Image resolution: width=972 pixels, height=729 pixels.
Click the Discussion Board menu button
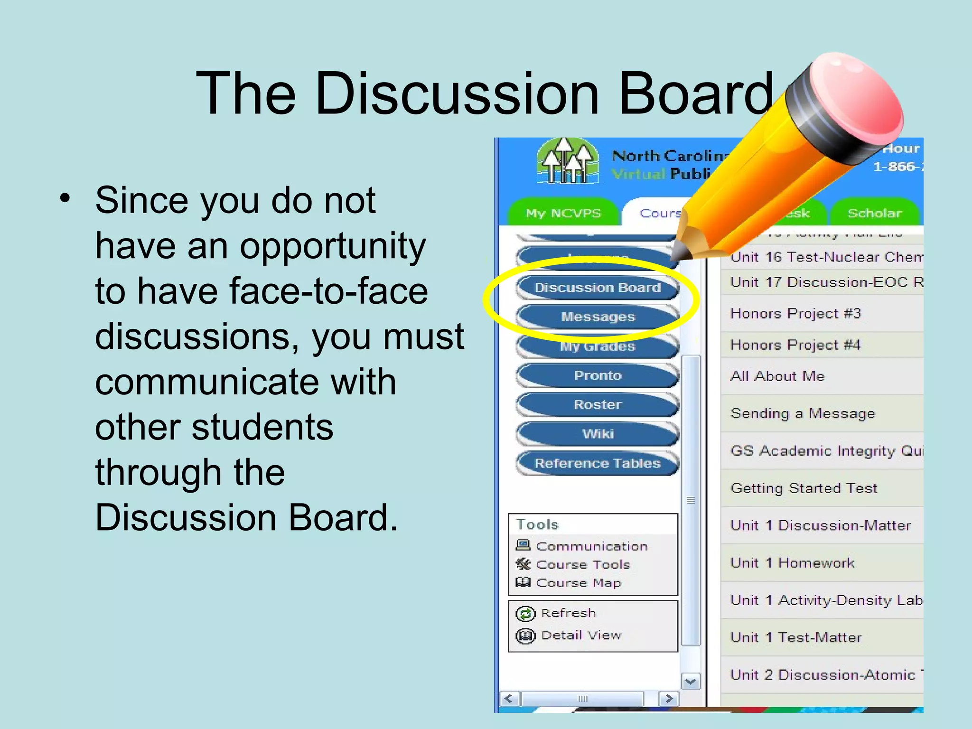[598, 288]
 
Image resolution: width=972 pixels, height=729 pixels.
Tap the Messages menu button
[598, 317]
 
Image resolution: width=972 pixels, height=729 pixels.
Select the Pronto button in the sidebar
[598, 375]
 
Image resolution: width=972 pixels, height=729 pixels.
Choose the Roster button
[598, 405]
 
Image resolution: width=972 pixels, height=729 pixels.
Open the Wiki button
[598, 434]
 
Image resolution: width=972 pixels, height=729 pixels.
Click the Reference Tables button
[598, 463]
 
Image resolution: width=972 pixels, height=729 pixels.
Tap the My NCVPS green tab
[563, 214]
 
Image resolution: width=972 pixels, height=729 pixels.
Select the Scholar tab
[874, 214]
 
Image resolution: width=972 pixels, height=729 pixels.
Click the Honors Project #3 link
[795, 314]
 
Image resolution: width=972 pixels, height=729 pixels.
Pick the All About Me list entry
[777, 376]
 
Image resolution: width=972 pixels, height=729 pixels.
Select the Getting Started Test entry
[804, 488]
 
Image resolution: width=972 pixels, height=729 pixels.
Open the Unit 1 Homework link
[792, 563]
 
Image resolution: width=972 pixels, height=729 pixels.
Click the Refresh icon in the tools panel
[525, 614]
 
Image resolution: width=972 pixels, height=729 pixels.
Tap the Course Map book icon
[523, 582]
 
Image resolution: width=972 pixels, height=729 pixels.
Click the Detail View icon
[525, 636]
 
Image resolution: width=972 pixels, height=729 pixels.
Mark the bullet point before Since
[65, 198]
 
